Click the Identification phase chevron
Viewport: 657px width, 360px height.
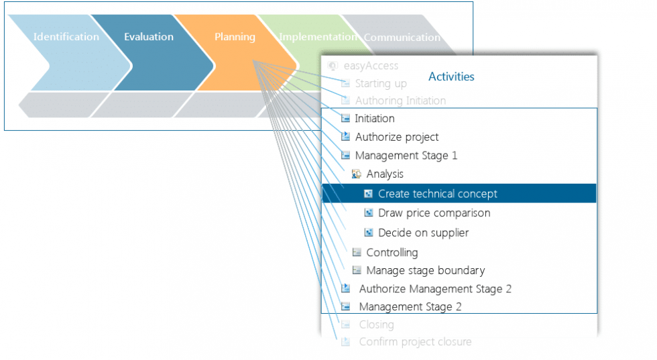pos(66,37)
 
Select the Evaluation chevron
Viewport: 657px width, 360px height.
pos(148,37)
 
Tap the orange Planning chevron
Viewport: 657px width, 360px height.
pos(235,37)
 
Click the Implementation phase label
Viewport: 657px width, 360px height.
pos(317,37)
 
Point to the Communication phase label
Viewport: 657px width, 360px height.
pos(402,38)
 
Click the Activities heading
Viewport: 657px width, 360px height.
pos(451,76)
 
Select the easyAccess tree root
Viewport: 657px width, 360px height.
pos(370,66)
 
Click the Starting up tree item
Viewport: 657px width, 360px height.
pos(380,84)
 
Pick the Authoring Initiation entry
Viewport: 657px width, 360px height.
pos(400,101)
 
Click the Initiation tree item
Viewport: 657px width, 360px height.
pos(374,119)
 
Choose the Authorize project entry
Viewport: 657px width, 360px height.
pos(396,137)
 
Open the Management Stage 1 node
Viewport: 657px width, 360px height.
pos(406,156)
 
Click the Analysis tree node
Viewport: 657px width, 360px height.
pos(384,174)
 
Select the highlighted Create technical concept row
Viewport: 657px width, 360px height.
pos(437,194)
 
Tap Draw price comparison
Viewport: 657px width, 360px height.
pos(434,213)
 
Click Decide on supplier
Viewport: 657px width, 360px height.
pos(423,233)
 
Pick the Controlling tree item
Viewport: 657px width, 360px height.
pos(392,253)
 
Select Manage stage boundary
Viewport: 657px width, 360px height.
pos(425,271)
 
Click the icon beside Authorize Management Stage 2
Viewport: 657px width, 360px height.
pos(346,289)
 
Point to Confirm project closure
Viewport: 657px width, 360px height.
pos(414,342)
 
